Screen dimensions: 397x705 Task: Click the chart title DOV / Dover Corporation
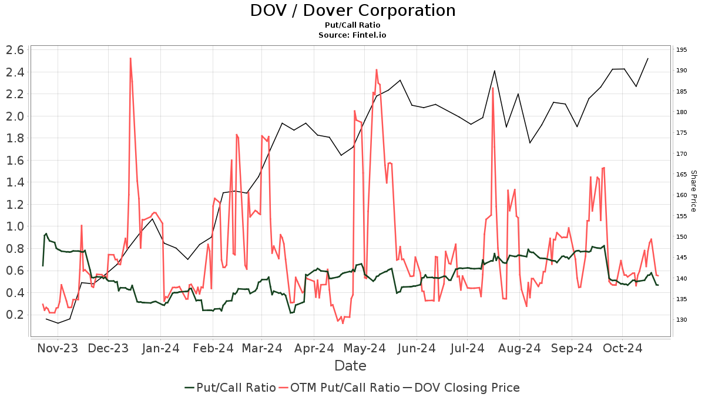pyautogui.click(x=352, y=11)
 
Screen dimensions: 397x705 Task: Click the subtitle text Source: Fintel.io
pyautogui.click(x=352, y=35)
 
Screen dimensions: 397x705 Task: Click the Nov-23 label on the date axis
pyautogui.click(x=58, y=348)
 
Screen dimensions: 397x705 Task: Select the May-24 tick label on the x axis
pyautogui.click(x=364, y=348)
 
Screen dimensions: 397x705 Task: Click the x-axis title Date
pyautogui.click(x=350, y=366)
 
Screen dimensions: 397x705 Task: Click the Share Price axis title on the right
pyautogui.click(x=693, y=191)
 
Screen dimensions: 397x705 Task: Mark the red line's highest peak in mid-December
pyautogui.click(x=130, y=58)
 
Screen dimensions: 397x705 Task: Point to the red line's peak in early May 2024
pyautogui.click(x=377, y=69)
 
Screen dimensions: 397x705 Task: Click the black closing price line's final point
pyautogui.click(x=647, y=58)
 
